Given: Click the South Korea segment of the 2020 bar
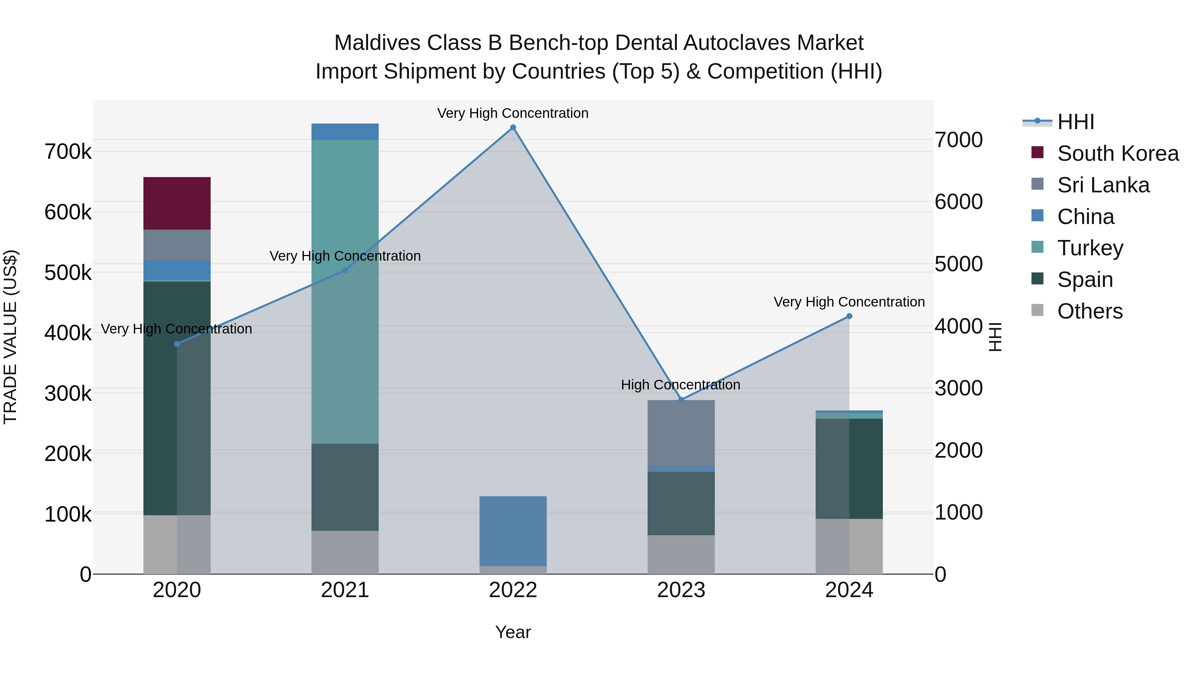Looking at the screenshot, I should point(177,203).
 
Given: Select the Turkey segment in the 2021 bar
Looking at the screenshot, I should point(345,291).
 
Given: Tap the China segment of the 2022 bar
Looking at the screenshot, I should point(513,531).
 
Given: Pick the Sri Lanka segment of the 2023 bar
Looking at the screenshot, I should point(681,433).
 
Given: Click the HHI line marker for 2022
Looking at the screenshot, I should point(513,127).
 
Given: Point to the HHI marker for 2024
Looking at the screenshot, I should point(849,316).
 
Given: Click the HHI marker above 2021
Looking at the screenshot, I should point(345,270).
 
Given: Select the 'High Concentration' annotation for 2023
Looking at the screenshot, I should point(681,385).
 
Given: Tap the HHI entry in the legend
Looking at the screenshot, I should point(1075,122).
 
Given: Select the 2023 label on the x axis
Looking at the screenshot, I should point(681,590).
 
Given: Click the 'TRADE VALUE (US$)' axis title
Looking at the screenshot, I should point(10,337).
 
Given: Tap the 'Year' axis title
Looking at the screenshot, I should point(513,632).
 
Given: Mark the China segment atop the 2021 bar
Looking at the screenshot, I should point(345,131).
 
